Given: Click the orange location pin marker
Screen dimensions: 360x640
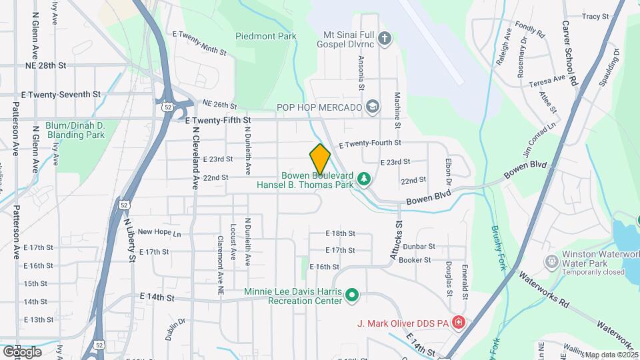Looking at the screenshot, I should (x=320, y=159).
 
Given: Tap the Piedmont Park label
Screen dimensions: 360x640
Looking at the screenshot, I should (x=265, y=37).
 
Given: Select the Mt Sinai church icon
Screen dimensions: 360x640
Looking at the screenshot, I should (x=384, y=37).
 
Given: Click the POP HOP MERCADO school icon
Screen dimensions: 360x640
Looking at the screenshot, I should (x=372, y=107).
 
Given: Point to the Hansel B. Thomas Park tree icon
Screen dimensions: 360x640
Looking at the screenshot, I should (x=363, y=179).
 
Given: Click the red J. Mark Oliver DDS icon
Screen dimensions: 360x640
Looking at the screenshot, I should (x=459, y=323).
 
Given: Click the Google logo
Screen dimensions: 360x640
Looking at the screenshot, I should (x=22, y=351).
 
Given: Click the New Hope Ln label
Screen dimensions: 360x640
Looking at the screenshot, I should (x=159, y=233).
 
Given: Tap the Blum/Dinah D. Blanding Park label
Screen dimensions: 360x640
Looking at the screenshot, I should (x=75, y=130).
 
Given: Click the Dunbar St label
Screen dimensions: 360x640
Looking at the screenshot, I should (x=419, y=246).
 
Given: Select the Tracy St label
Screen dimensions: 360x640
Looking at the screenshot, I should (x=595, y=16).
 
